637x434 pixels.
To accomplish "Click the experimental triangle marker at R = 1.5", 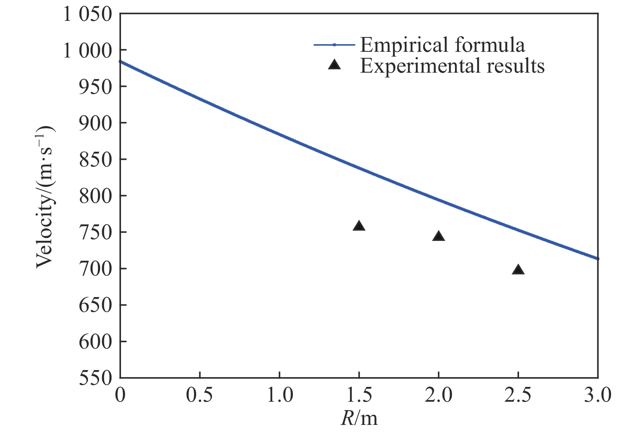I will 359,226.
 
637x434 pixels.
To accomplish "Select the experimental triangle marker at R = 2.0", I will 438,236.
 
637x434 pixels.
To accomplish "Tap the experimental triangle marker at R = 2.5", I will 518,270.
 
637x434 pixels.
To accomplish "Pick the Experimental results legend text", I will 452,65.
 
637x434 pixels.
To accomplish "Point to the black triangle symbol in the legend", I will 334,65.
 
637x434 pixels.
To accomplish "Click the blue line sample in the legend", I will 334,44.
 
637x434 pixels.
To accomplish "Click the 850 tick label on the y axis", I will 95,159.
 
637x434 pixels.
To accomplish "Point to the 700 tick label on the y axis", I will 95,269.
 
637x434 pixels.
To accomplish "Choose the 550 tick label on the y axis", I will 95,378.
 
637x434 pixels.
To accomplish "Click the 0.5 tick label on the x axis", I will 200,396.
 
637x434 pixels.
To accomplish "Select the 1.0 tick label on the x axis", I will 280,396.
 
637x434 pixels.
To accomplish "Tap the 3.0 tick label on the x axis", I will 598,396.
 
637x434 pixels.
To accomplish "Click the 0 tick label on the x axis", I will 120,396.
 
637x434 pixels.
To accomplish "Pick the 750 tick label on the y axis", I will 95,232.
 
